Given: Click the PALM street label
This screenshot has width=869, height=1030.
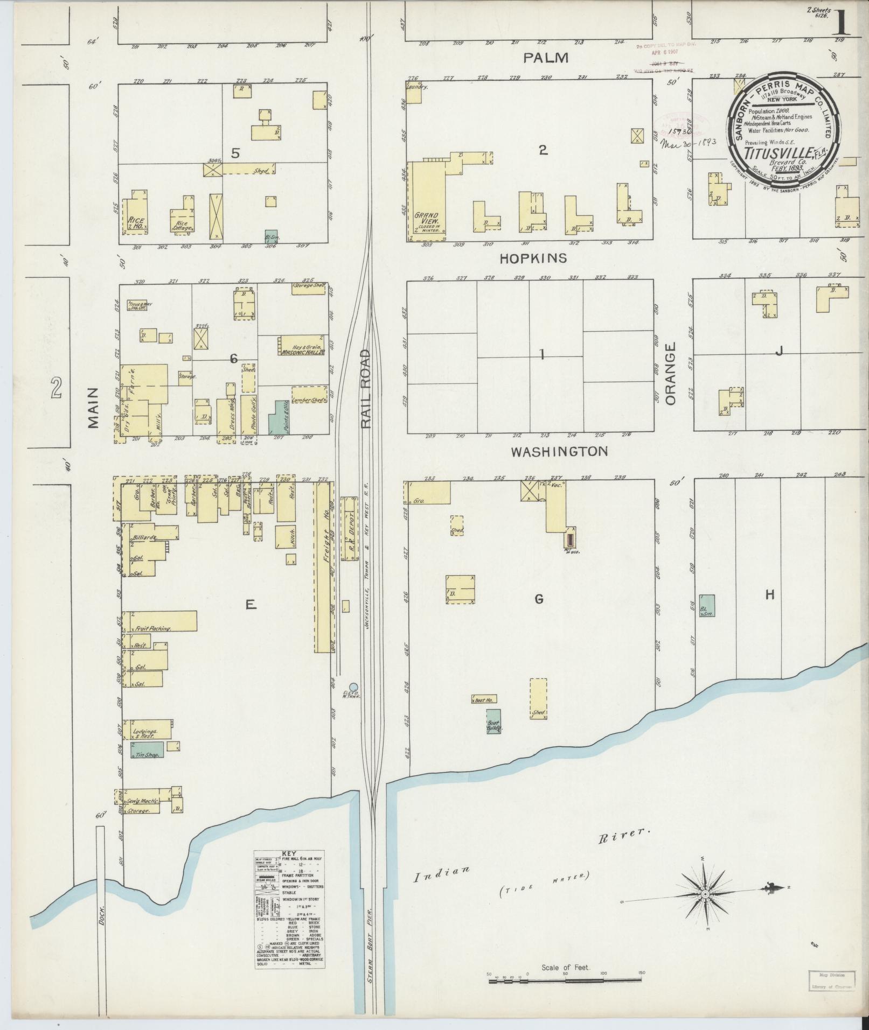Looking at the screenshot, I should (546, 58).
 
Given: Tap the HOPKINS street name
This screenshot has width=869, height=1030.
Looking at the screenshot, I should (533, 258).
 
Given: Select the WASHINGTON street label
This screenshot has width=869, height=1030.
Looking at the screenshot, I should (559, 451).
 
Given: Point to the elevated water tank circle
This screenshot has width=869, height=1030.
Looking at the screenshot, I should (353, 687).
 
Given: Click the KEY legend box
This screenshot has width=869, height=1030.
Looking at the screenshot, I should (289, 916).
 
